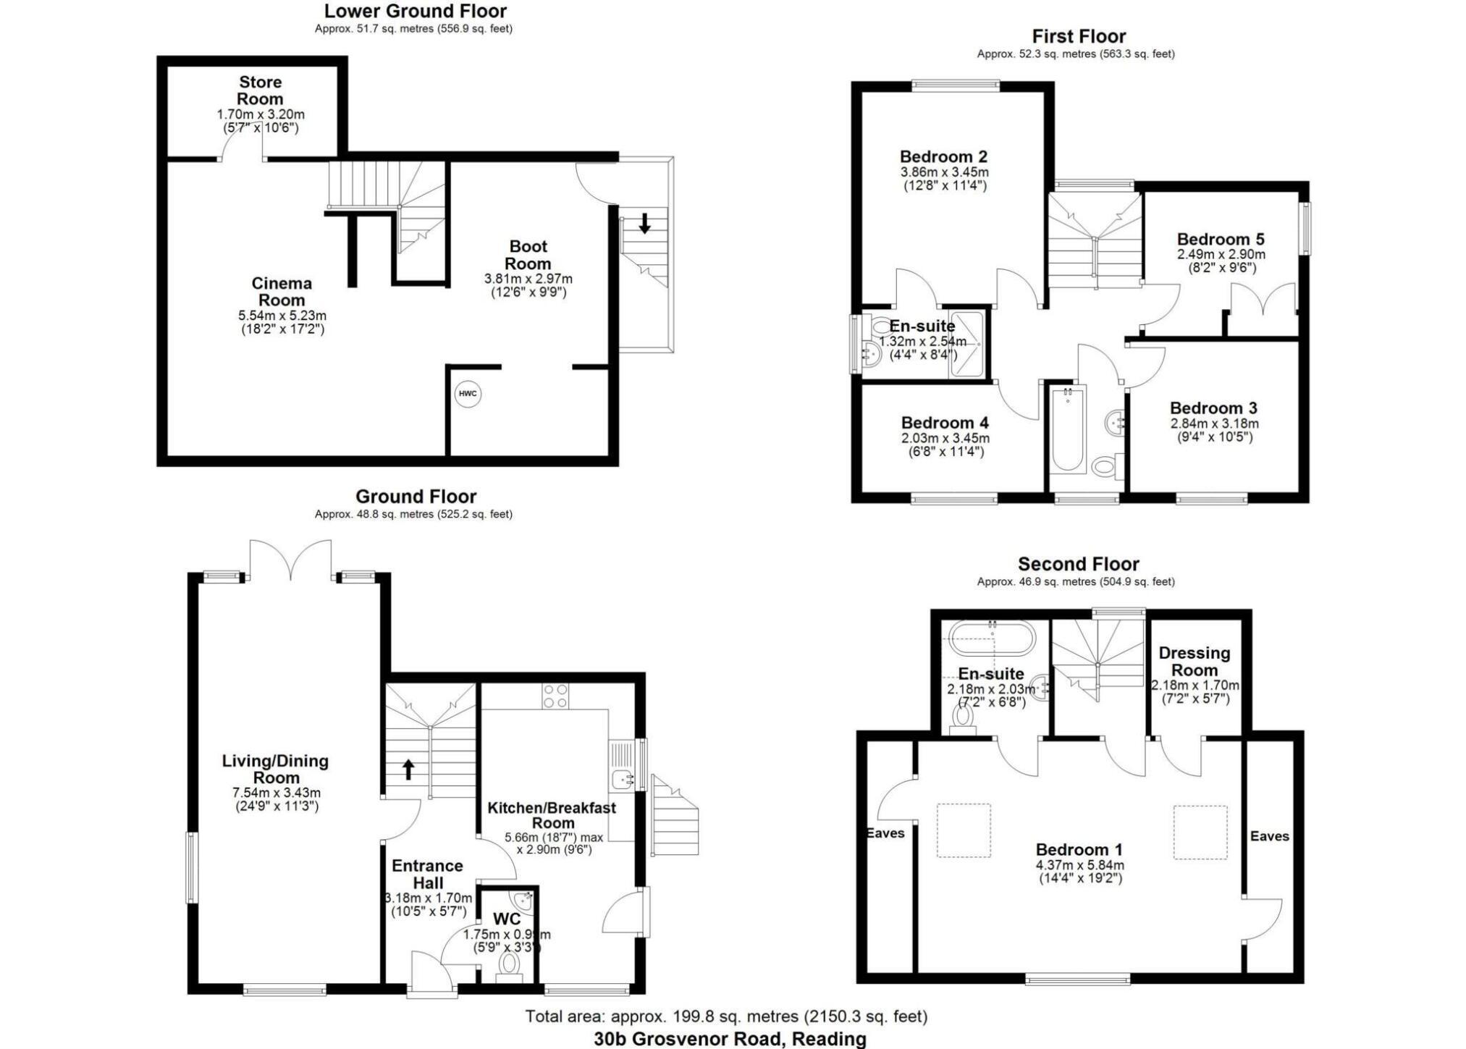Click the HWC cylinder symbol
tap(468, 394)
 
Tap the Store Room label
tap(261, 90)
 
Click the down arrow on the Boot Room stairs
tap(644, 222)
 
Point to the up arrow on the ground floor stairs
tap(408, 769)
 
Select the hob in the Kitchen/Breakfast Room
tap(555, 696)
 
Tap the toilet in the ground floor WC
tap(510, 964)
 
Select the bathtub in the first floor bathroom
tap(1067, 431)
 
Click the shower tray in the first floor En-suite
tap(967, 345)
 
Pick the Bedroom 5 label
tap(1221, 240)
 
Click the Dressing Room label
tap(1195, 662)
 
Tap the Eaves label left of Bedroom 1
tap(885, 833)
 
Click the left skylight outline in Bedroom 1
tap(963, 830)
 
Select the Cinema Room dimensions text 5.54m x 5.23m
tap(282, 316)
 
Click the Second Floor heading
tap(1078, 564)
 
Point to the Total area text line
tap(726, 1016)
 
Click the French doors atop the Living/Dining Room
tap(290, 561)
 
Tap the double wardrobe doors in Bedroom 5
tap(1263, 299)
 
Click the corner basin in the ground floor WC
tap(523, 901)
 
